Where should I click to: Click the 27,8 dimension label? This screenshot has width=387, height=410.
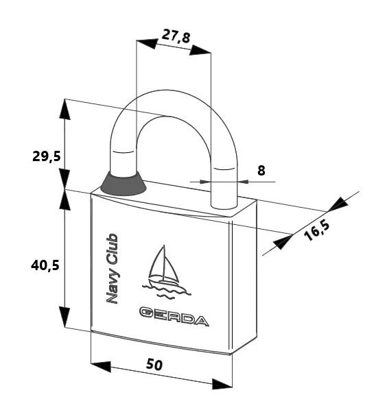coord(176,36)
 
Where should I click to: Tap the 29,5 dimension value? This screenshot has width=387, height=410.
coord(46,156)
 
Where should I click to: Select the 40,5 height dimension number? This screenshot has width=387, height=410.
coord(45,265)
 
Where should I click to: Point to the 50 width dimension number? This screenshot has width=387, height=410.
coord(154,364)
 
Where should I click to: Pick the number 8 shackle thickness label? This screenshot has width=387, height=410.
coord(261,171)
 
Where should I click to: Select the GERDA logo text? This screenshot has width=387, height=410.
coord(174,316)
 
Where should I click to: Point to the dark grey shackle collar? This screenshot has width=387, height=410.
coord(124,184)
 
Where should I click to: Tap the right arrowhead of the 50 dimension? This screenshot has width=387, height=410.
coord(222,384)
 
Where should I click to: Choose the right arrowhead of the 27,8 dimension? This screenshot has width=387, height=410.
coord(200,50)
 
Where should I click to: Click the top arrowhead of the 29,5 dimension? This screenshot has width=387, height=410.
coord(65,109)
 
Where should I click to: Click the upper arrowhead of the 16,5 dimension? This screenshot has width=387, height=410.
coord(338,204)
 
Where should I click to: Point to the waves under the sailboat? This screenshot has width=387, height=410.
coord(167,291)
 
